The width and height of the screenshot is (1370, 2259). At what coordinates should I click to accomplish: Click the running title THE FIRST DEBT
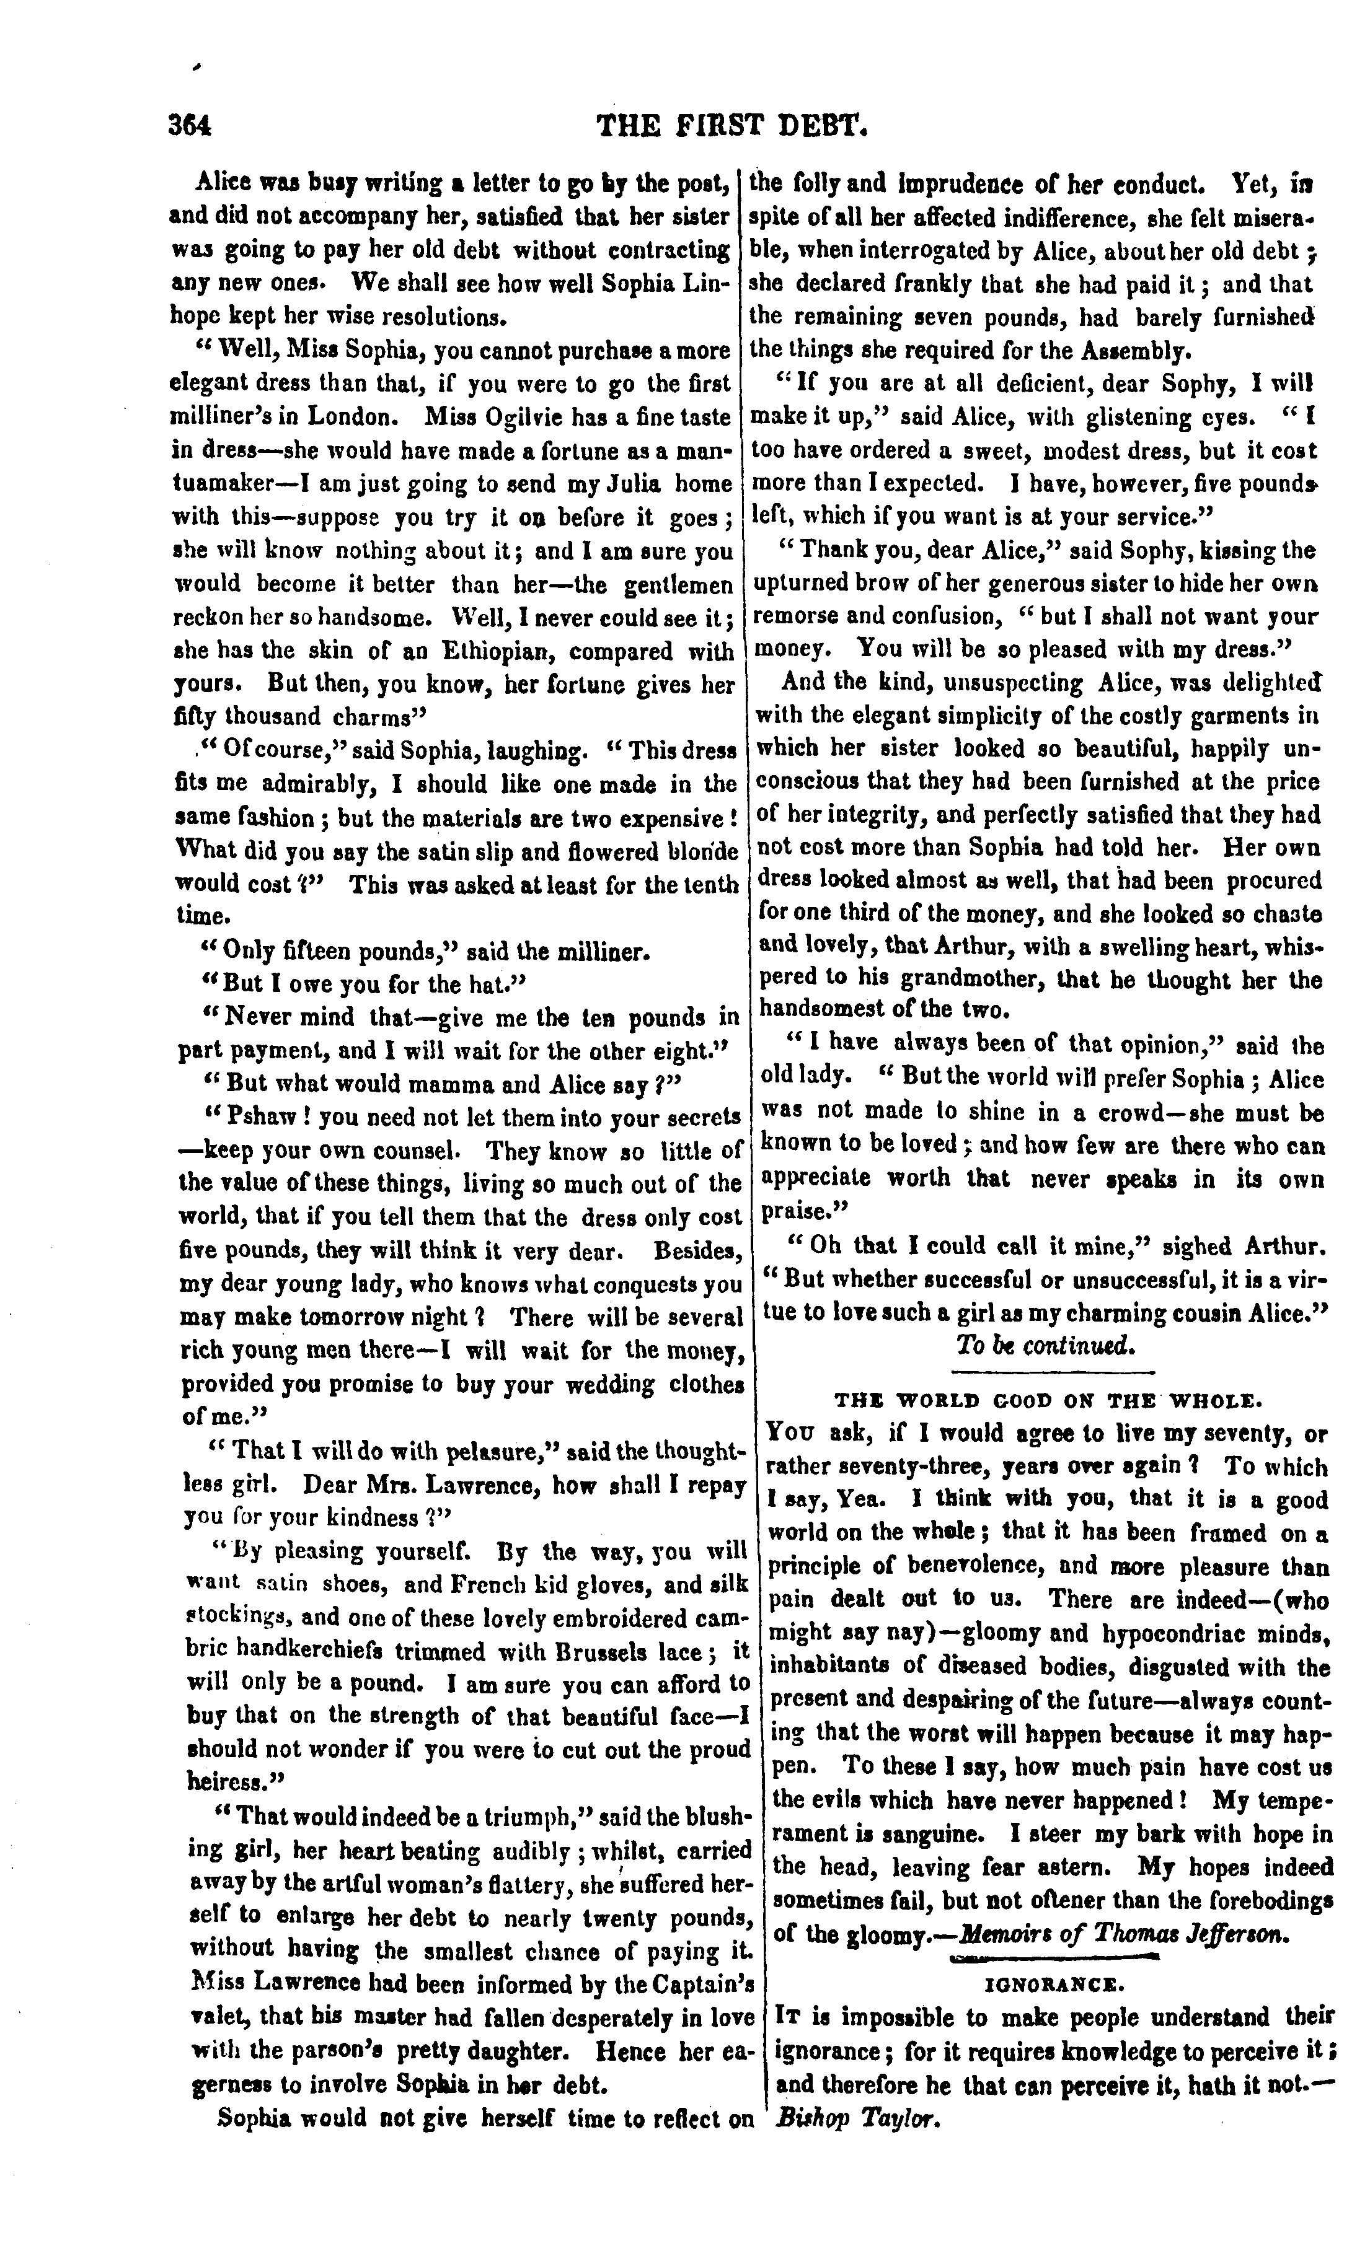(x=731, y=125)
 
